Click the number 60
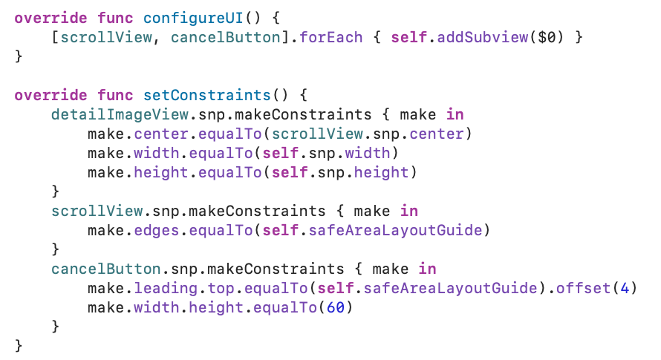point(334,307)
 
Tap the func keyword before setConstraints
point(114,95)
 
